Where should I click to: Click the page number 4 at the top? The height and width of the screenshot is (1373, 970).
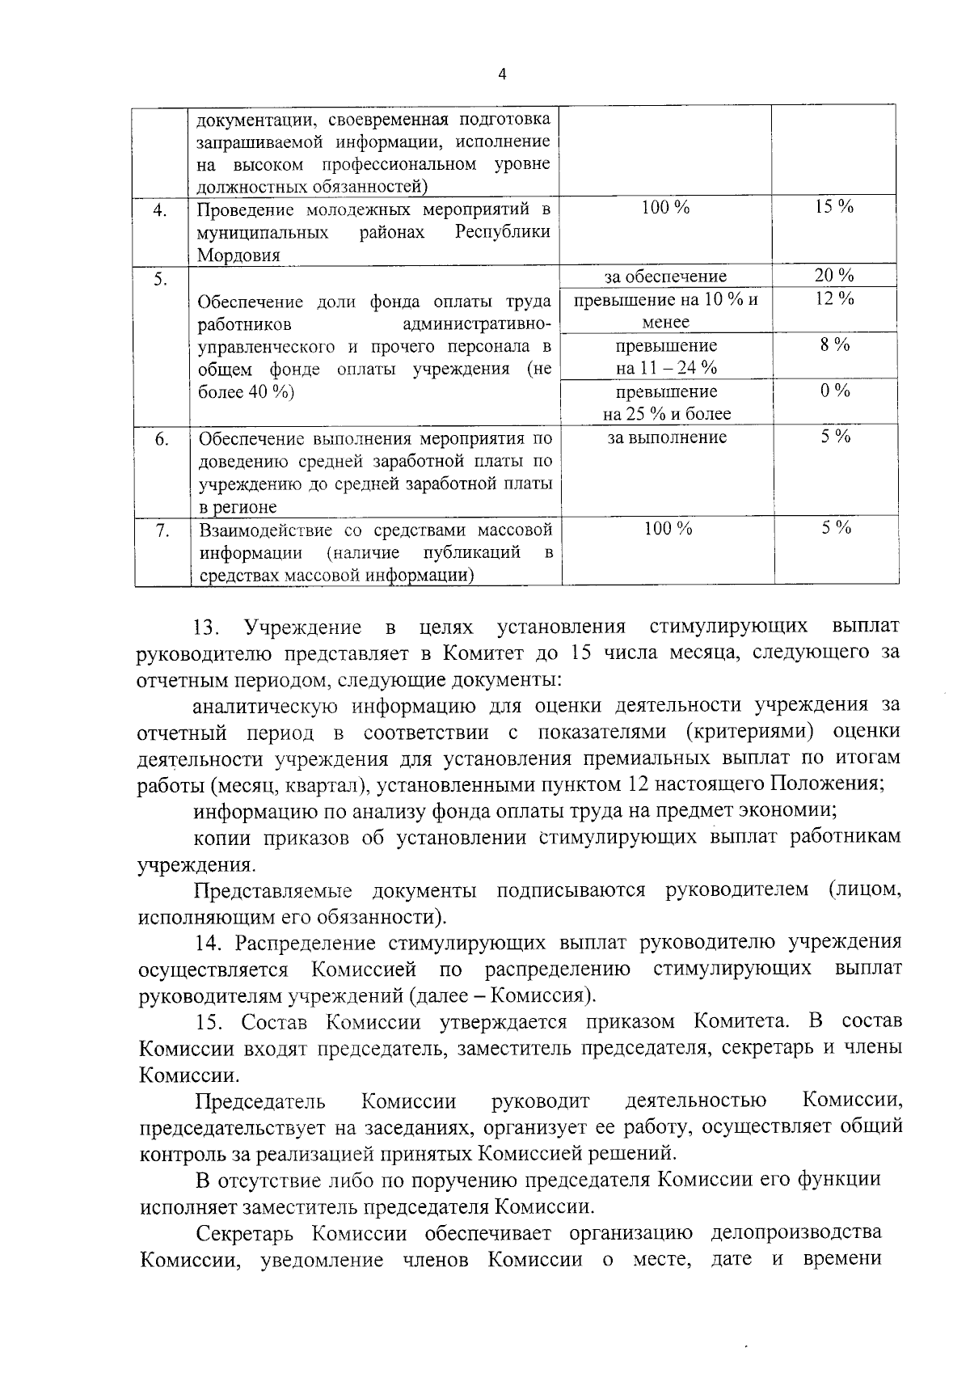[x=503, y=74]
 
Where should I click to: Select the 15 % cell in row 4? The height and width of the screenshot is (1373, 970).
[x=834, y=207]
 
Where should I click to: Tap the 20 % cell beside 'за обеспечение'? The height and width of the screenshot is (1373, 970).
[x=834, y=276]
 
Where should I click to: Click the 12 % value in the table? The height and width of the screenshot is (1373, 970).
[x=834, y=299]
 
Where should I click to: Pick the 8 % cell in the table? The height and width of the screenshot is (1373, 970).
[x=834, y=345]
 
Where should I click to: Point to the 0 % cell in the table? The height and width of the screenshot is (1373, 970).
[x=834, y=391]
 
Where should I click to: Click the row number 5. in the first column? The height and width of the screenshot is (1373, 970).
[x=161, y=280]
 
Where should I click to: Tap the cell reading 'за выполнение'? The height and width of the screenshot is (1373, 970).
[x=667, y=437]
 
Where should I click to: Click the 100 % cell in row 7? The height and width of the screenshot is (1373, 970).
[x=667, y=530]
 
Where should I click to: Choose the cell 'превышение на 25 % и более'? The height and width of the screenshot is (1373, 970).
[x=667, y=403]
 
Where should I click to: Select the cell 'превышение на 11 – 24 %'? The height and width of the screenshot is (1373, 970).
[x=667, y=357]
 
